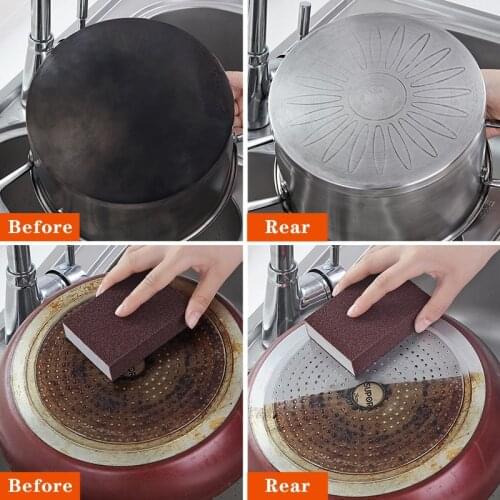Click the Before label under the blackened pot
[x=40, y=227]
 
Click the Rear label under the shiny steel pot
[x=287, y=227]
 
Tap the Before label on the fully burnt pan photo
[x=40, y=485]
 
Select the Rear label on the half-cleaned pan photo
[x=287, y=485]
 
